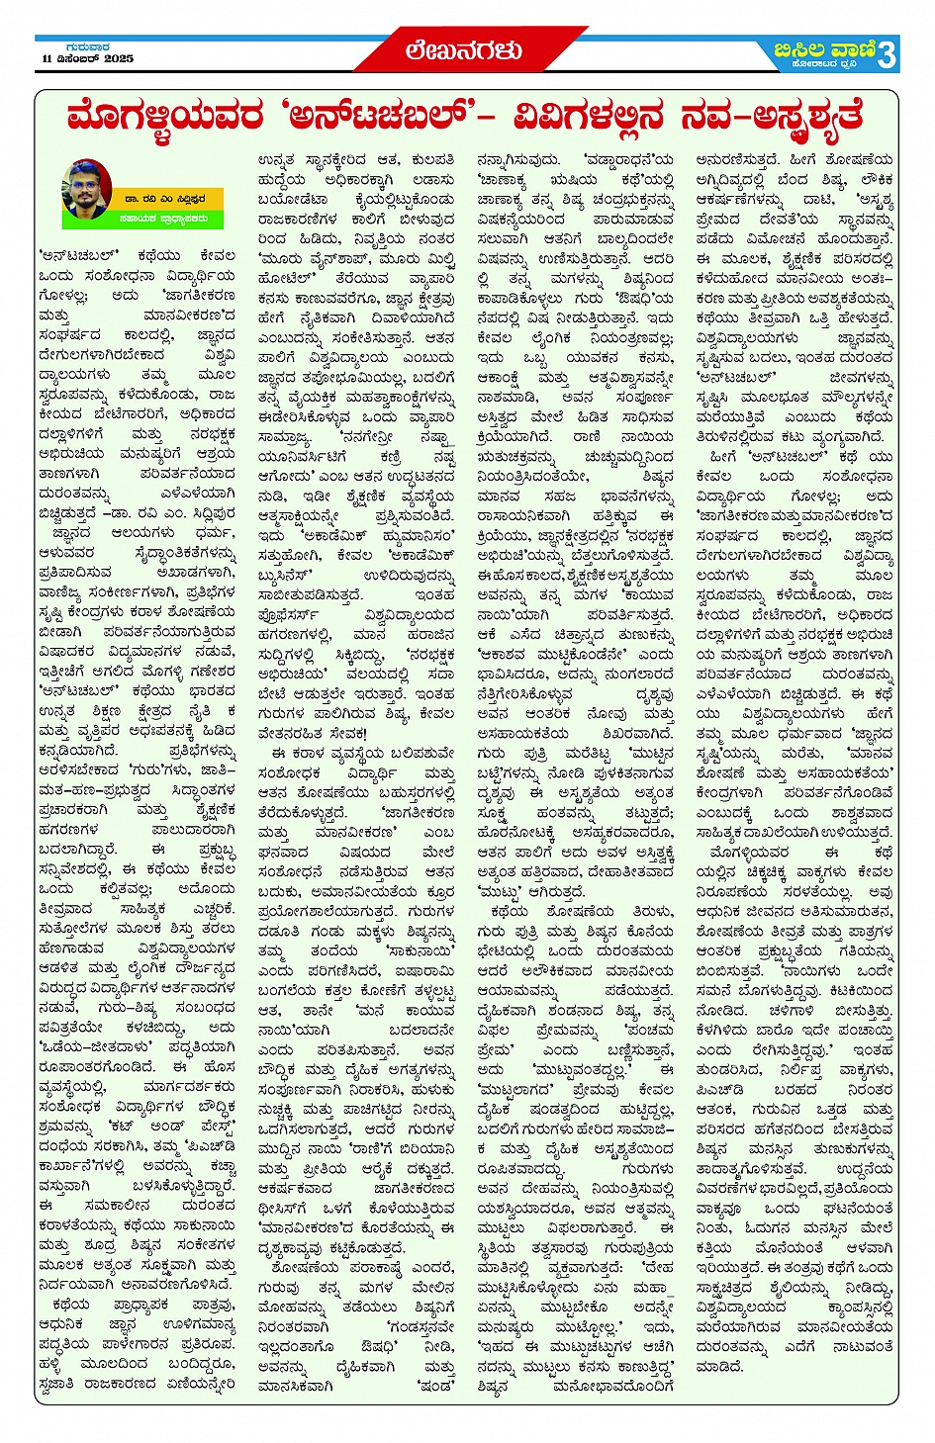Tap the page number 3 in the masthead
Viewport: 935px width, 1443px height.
click(x=887, y=54)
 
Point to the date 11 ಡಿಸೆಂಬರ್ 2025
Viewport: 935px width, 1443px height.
click(x=87, y=59)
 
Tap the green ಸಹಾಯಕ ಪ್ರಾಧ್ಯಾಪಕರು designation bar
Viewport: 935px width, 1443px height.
click(x=163, y=219)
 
